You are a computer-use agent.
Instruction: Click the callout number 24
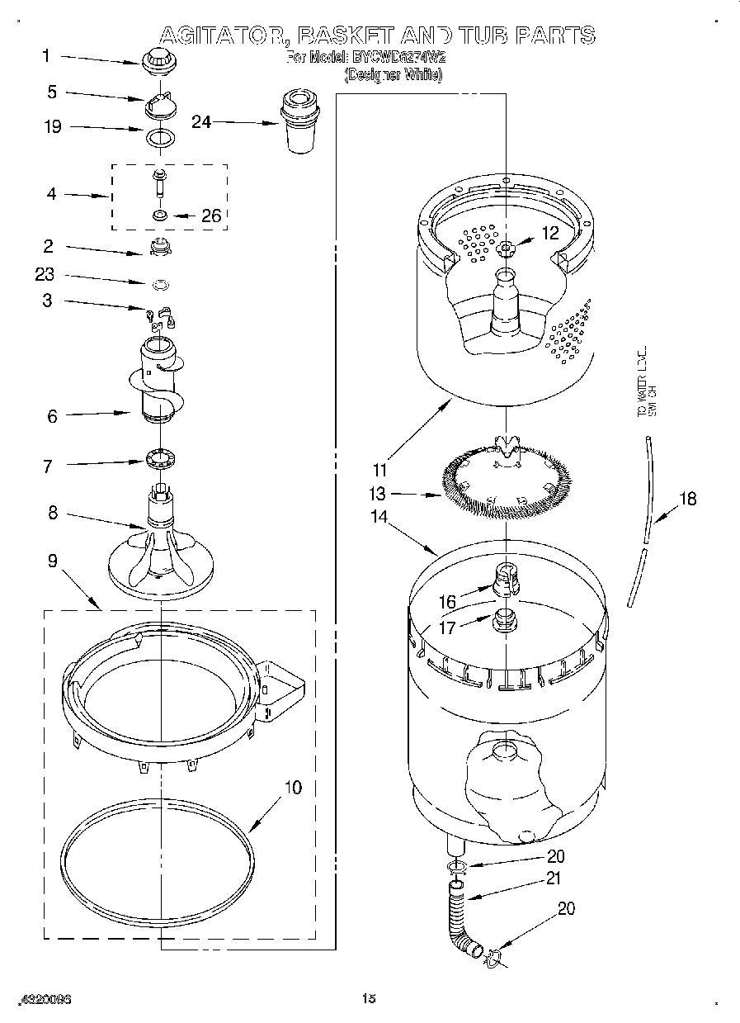201,121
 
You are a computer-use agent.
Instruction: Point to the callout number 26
211,215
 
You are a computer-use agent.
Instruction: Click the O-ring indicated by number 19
159,136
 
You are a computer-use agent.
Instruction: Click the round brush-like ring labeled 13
507,482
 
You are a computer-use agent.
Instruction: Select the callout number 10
293,787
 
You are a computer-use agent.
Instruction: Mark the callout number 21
554,879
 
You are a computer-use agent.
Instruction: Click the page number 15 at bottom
369,999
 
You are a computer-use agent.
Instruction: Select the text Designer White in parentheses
394,75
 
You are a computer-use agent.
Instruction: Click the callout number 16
447,603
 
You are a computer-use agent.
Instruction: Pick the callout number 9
51,561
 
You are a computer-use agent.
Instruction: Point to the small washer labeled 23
162,285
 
